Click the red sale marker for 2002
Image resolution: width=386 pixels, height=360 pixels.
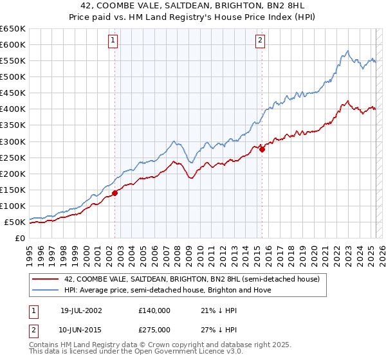click(115, 192)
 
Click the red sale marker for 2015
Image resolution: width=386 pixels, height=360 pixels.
click(262, 148)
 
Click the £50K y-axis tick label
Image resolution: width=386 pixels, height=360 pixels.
click(15, 222)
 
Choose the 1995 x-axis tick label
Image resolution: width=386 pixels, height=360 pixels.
click(30, 252)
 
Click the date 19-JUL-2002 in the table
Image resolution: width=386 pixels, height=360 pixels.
click(82, 310)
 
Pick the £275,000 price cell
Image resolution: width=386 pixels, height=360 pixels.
click(154, 330)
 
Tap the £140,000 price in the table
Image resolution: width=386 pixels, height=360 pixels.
click(154, 310)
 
